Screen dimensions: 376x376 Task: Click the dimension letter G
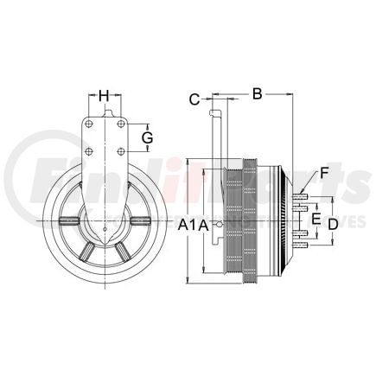tap(147, 137)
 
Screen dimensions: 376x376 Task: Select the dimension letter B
tap(256, 92)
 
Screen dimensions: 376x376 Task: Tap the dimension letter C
tap(194, 99)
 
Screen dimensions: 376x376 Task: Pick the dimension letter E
tap(315, 220)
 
